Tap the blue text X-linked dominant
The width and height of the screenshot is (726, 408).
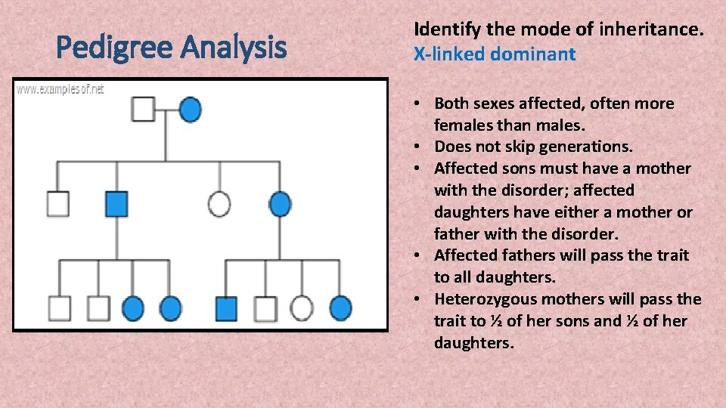coord(495,54)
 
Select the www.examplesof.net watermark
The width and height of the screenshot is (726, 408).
coord(60,89)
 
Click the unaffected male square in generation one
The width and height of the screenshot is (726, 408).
coord(144,110)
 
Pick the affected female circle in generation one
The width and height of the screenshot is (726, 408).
coord(190,110)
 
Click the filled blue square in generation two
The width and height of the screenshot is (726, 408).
coord(116,203)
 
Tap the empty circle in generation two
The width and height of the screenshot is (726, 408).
coord(219,203)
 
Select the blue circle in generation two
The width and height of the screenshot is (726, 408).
coord(280,203)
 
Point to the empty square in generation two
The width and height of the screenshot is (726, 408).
coord(57,203)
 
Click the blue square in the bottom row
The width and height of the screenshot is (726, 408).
coord(226,308)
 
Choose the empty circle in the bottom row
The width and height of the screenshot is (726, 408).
coord(302,308)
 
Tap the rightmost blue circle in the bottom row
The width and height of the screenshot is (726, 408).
coord(340,308)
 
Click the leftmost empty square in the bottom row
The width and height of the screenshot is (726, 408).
coord(59,308)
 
